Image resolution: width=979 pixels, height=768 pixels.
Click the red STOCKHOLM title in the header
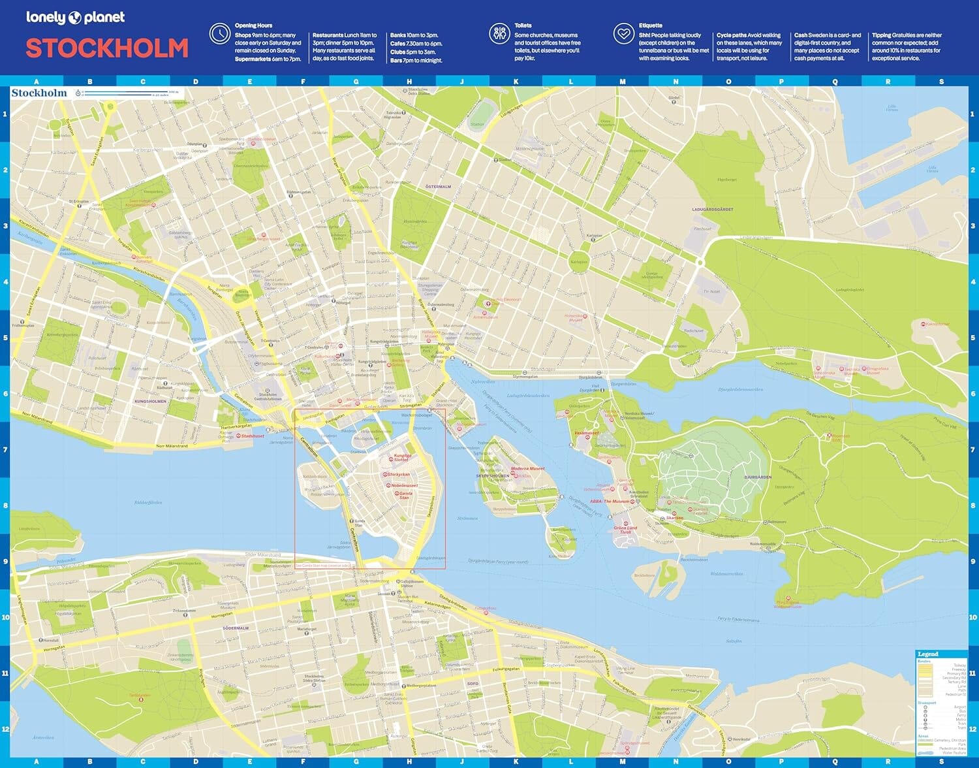click(107, 48)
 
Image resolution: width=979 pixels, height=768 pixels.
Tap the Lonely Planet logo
click(75, 18)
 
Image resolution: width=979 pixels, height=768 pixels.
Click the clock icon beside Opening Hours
click(219, 33)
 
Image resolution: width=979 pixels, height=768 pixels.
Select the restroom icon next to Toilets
click(500, 33)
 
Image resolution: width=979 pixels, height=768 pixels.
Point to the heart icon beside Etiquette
click(624, 33)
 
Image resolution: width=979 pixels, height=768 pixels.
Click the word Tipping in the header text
click(881, 35)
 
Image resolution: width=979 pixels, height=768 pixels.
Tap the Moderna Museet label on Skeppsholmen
click(527, 468)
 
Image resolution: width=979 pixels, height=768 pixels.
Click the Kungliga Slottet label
click(402, 457)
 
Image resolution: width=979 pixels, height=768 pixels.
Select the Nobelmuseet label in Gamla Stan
click(405, 485)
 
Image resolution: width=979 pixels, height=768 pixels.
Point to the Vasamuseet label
click(586, 433)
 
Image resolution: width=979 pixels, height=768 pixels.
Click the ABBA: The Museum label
click(610, 501)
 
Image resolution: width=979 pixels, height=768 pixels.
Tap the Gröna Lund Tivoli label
click(625, 530)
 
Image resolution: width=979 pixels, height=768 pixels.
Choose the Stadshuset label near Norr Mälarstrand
click(253, 436)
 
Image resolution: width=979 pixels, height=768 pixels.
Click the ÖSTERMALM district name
click(438, 187)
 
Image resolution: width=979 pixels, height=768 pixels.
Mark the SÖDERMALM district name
click(236, 628)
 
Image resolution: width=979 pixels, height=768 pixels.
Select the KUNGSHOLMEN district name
click(150, 401)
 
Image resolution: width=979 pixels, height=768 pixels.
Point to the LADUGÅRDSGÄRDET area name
click(713, 210)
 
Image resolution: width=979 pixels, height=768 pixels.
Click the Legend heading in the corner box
click(927, 654)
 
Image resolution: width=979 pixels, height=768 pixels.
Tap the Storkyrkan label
click(399, 475)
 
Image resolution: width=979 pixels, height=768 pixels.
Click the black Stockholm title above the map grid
click(39, 93)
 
